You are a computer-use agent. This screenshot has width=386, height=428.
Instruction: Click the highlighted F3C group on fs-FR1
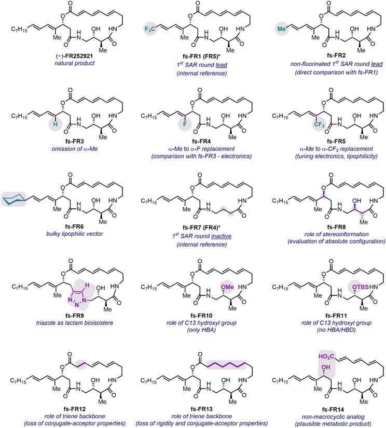[150, 29]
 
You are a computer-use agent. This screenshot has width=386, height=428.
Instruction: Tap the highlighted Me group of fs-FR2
[281, 28]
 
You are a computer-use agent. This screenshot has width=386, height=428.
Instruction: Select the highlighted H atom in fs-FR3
[55, 124]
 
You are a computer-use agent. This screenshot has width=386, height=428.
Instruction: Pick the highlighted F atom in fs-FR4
[185, 124]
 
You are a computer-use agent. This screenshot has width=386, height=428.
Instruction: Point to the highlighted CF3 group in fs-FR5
[319, 125]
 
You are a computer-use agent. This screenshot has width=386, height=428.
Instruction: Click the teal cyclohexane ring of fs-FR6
[13, 199]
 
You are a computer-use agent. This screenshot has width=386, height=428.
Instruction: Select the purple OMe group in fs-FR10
[227, 287]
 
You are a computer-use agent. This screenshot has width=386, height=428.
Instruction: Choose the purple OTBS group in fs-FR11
[360, 287]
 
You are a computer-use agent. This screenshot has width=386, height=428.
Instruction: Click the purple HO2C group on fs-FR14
[326, 356]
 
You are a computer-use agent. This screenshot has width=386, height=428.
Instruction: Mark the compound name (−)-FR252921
[74, 56]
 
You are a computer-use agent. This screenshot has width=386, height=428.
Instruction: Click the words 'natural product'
[74, 63]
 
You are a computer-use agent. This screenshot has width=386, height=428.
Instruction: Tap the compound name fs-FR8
[336, 227]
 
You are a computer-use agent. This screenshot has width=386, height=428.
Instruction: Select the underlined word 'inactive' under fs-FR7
[221, 236]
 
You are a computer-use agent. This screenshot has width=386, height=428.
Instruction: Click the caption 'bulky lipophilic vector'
[74, 234]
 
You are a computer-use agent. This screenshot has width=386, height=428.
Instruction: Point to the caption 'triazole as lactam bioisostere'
[75, 323]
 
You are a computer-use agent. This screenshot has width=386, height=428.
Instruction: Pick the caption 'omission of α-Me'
[75, 149]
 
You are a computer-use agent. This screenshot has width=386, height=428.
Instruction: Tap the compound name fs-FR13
[201, 409]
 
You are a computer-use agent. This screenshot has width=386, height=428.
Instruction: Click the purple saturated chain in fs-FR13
[226, 365]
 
